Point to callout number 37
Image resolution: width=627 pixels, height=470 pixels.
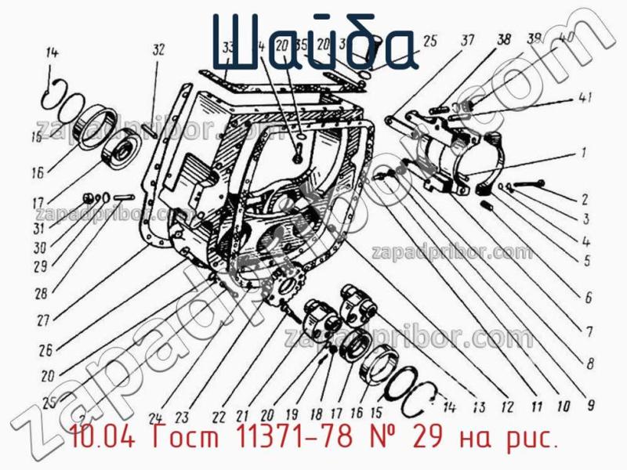(x=467, y=41)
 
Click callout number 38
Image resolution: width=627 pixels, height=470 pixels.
(x=503, y=39)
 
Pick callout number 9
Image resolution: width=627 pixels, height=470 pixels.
(x=591, y=405)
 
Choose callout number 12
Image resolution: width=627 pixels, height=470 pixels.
(x=507, y=407)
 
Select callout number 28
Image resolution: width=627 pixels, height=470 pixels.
(x=41, y=295)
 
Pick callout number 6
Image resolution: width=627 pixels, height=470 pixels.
(x=588, y=297)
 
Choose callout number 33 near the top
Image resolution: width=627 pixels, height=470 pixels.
(x=228, y=49)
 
